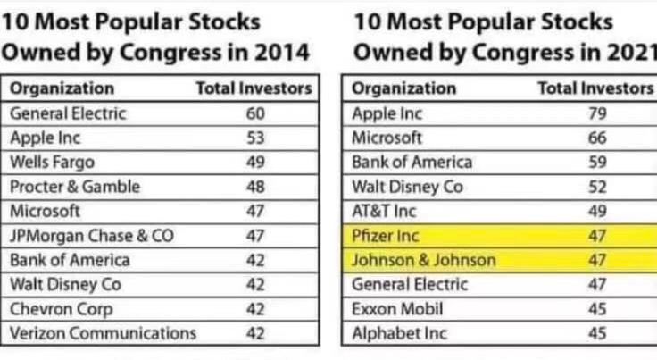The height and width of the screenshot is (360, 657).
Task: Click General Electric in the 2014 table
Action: [68, 113]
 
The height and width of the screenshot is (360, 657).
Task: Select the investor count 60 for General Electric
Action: [254, 113]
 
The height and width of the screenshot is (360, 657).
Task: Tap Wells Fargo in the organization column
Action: [52, 163]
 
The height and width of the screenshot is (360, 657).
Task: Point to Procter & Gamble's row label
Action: [75, 187]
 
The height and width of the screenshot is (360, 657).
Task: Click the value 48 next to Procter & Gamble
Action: [254, 187]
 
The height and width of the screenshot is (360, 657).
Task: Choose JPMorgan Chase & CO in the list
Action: [92, 236]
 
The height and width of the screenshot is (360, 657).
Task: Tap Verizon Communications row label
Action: [103, 333]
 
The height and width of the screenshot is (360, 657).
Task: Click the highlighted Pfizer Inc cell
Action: [385, 236]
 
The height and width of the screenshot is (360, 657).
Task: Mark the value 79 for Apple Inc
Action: [598, 113]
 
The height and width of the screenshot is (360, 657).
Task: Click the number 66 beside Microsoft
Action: [598, 138]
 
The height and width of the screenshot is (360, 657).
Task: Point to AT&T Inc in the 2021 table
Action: [384, 211]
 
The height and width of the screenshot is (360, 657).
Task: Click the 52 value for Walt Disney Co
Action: [598, 187]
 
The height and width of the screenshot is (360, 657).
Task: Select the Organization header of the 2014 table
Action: [62, 88]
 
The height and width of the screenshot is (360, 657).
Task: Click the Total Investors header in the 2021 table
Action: [595, 88]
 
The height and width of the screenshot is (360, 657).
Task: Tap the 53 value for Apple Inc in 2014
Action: [254, 138]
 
